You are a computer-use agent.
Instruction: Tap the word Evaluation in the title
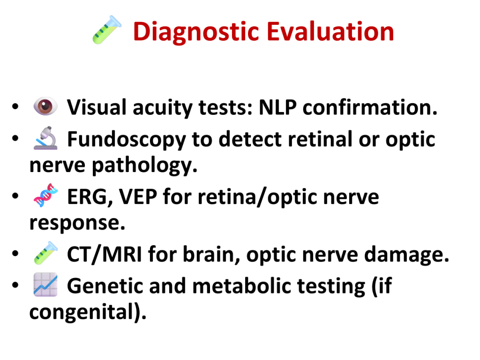[x=330, y=31]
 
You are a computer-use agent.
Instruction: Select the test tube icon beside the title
[x=107, y=30]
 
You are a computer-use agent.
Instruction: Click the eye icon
[x=45, y=106]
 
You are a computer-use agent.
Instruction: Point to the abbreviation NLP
[x=277, y=107]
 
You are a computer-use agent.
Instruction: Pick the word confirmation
[x=370, y=107]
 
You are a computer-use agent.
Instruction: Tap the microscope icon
[x=45, y=138]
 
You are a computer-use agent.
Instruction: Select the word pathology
[x=144, y=165]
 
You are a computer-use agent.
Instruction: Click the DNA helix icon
[x=45, y=195]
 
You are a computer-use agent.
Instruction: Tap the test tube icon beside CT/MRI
[x=45, y=253]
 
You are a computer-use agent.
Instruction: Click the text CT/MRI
[x=105, y=254]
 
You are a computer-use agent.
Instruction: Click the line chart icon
[x=45, y=285]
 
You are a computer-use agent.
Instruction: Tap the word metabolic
[x=241, y=285]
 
